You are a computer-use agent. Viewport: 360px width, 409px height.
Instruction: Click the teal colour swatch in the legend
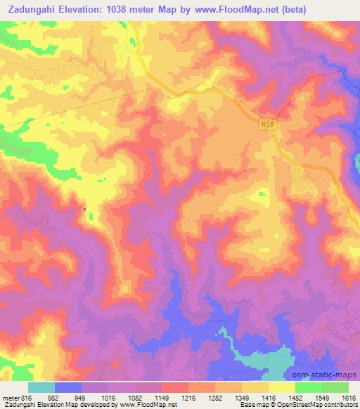pos(41,387)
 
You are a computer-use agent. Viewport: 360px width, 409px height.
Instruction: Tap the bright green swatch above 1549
pos(309,387)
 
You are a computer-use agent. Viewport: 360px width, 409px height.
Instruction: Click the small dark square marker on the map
pos(85,208)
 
